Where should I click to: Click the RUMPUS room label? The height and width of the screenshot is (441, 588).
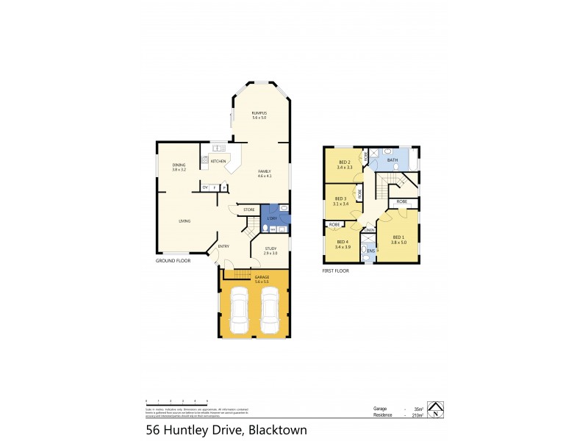pyautogui.click(x=259, y=112)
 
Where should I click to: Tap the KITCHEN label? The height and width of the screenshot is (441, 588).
pyautogui.click(x=218, y=161)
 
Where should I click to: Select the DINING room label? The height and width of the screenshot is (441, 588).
pyautogui.click(x=179, y=165)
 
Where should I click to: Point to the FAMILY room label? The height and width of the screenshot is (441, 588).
pyautogui.click(x=265, y=171)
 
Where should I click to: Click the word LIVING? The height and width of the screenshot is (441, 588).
pyautogui.click(x=185, y=220)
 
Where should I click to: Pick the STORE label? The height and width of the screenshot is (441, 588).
pyautogui.click(x=249, y=209)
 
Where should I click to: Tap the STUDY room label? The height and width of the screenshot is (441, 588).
pyautogui.click(x=270, y=248)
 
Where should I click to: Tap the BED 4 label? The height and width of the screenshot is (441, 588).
pyautogui.click(x=343, y=242)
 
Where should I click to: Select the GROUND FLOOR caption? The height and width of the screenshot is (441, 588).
pyautogui.click(x=173, y=261)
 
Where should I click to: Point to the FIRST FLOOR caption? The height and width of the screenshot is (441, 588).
pyautogui.click(x=335, y=271)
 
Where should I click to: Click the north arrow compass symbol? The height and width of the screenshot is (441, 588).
pyautogui.click(x=437, y=410)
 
